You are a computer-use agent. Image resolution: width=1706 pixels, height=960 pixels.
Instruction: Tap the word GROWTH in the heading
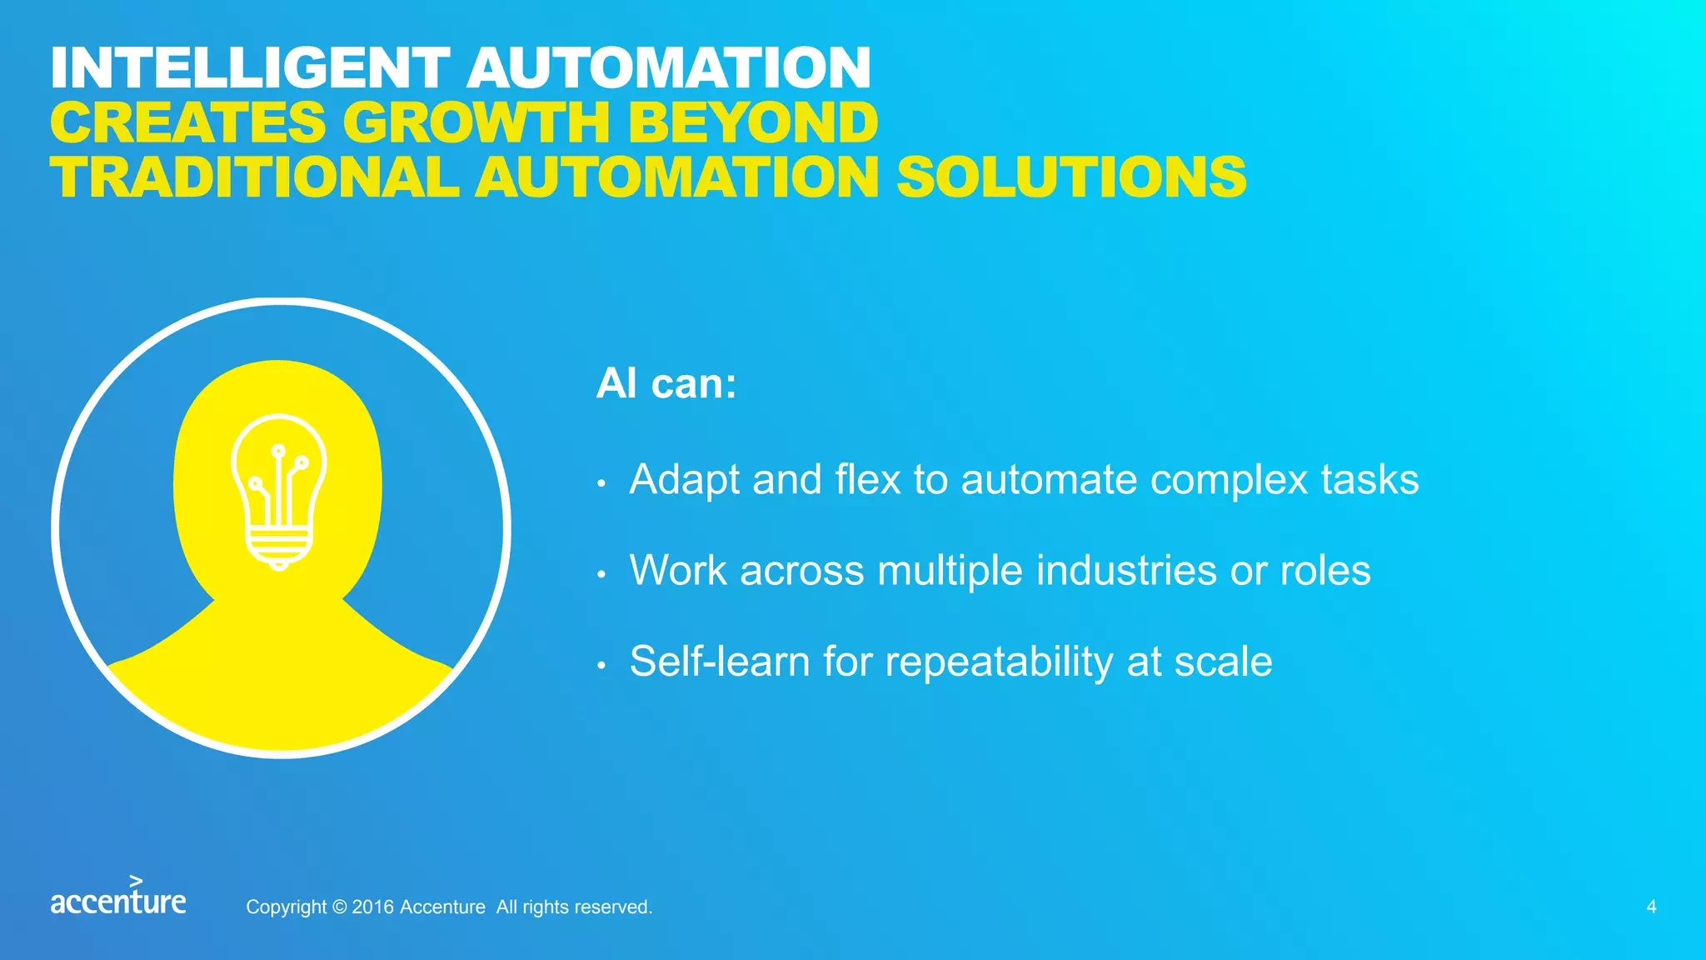(x=477, y=122)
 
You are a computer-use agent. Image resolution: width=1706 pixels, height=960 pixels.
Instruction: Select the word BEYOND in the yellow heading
(x=753, y=122)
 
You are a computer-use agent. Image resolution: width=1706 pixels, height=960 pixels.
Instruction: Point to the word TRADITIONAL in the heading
(x=254, y=177)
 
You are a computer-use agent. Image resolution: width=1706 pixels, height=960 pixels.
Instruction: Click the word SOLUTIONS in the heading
(x=1071, y=177)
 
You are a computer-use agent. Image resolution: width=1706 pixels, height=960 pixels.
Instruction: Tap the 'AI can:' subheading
(x=666, y=384)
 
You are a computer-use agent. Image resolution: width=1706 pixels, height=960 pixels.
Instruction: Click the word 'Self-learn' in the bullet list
(x=720, y=662)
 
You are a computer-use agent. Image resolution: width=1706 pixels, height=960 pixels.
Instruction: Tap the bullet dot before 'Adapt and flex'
(x=601, y=483)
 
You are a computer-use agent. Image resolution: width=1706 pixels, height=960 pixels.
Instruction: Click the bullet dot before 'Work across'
(x=601, y=574)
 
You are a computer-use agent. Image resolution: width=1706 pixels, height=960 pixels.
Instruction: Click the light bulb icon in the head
(x=279, y=492)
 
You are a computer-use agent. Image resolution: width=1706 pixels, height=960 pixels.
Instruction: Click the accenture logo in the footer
(x=118, y=897)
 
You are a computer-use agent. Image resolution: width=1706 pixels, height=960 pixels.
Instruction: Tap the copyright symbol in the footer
(x=339, y=907)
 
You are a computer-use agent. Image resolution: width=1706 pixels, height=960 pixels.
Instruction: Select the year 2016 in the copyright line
(x=373, y=907)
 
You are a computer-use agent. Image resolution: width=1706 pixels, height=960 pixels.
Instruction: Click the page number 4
(x=1651, y=907)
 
